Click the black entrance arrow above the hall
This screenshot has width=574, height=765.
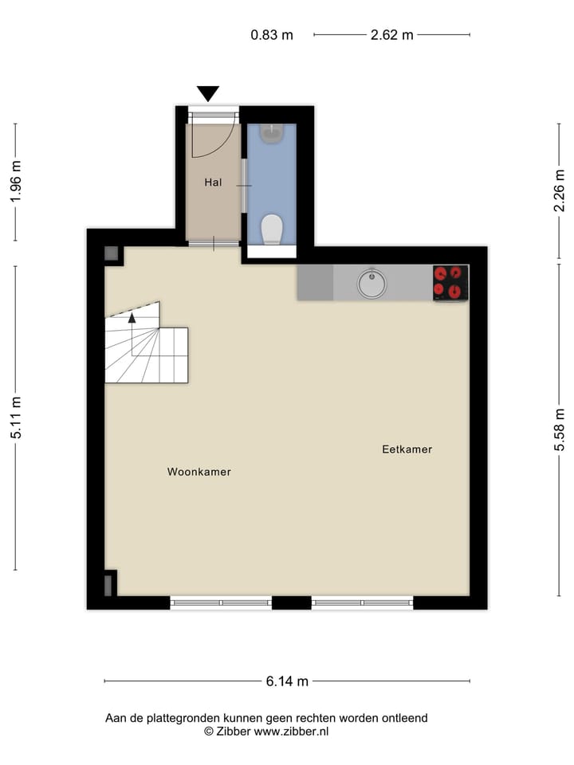[x=208, y=93]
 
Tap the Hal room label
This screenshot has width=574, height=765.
[x=213, y=182]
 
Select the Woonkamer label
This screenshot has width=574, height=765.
[x=199, y=472]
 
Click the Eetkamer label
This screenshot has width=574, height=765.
[x=407, y=449]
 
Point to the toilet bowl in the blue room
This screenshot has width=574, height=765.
[x=272, y=229]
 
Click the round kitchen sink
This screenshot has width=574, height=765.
[x=371, y=283]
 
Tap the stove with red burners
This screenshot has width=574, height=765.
[x=450, y=282]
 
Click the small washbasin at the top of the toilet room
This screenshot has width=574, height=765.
[x=272, y=132]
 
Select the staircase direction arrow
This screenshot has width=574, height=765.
[x=132, y=317]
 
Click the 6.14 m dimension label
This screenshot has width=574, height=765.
[x=287, y=681]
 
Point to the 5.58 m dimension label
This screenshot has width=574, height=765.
[x=560, y=430]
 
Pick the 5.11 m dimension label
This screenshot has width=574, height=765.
[x=15, y=418]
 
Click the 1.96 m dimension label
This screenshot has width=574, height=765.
[x=15, y=182]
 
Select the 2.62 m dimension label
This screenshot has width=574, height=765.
[x=391, y=35]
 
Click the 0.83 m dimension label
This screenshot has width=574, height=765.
[x=272, y=35]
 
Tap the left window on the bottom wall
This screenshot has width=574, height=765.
[x=221, y=603]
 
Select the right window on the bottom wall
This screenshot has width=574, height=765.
[x=362, y=603]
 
